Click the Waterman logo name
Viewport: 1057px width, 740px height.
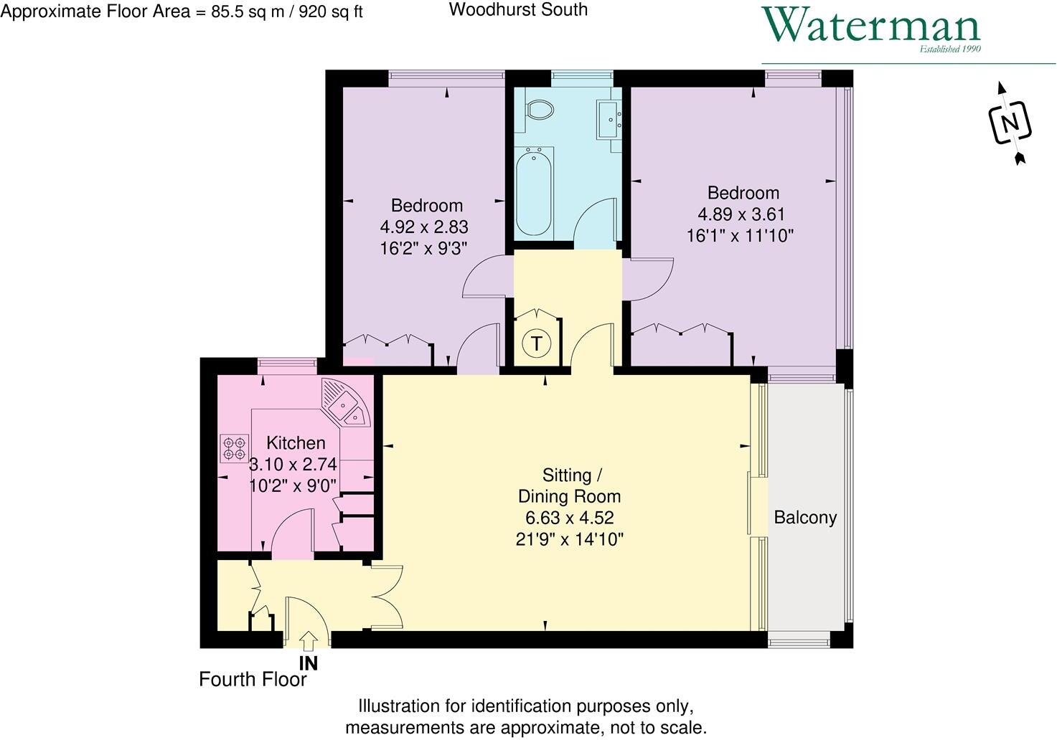(870, 26)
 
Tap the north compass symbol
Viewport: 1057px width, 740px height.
(1010, 123)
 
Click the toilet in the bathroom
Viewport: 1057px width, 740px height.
(540, 110)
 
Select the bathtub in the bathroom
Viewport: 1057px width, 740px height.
(533, 191)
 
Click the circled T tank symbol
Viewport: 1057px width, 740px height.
(536, 343)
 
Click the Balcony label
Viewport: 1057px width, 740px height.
(805, 518)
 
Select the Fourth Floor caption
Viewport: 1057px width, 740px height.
(253, 680)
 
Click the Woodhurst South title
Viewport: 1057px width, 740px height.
(518, 10)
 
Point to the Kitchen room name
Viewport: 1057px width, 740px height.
(296, 443)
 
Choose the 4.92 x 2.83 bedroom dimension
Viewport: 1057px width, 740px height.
(424, 227)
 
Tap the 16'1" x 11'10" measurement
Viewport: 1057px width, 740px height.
(740, 236)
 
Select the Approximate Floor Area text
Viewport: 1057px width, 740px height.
(182, 12)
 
